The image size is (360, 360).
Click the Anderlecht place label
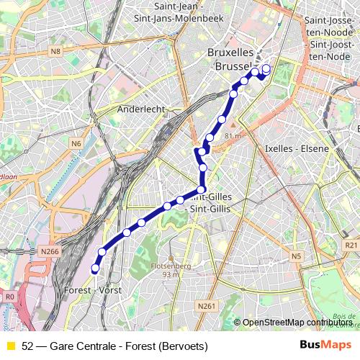142,109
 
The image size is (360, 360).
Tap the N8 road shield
56,51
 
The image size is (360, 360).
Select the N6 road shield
76,143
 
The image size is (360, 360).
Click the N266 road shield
50,251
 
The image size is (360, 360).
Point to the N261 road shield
206,306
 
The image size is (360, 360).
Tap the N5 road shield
296,256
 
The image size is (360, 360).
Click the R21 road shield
351,246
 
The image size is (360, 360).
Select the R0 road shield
9,296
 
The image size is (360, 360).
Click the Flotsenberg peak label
171,265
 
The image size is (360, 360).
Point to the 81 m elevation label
233,135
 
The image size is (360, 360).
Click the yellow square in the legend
10,346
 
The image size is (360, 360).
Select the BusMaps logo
325,346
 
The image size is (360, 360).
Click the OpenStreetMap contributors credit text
297,322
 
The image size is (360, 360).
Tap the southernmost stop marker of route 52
94,269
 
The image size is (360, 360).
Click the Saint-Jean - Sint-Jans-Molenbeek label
185,13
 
